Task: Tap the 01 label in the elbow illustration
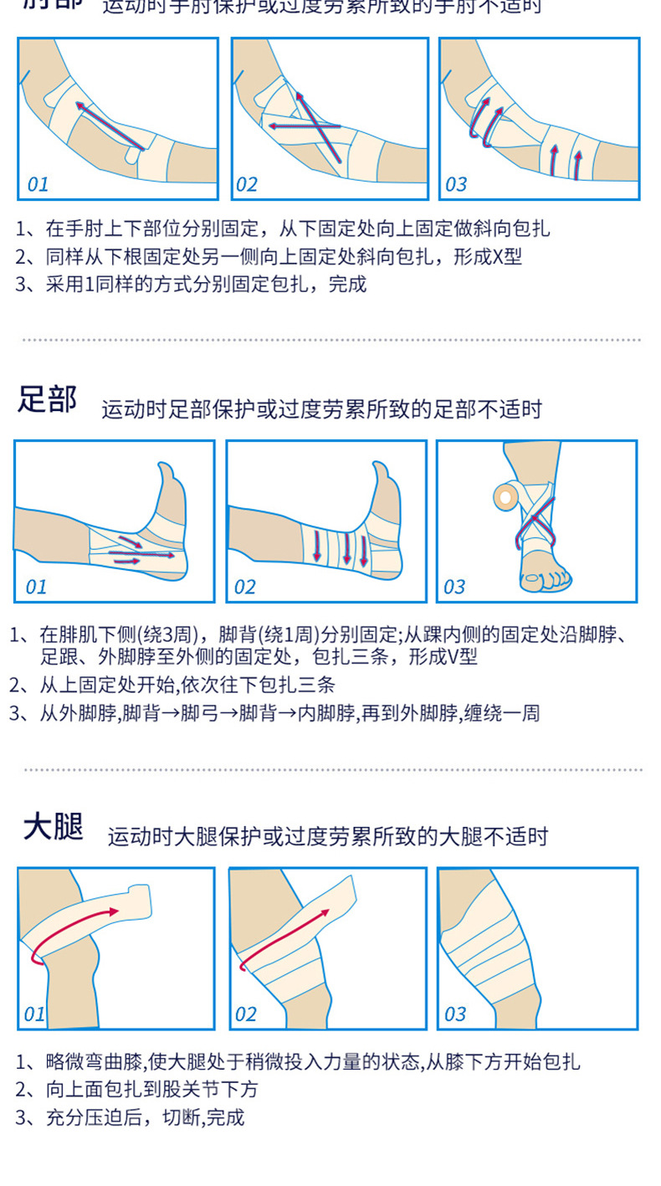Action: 38,184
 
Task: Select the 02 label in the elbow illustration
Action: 247,184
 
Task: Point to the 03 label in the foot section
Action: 454,587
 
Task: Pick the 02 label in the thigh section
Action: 245,1014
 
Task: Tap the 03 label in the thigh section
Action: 454,1014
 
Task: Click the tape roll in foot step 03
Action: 505,495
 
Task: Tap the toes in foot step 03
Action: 544,578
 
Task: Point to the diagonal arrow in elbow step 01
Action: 109,126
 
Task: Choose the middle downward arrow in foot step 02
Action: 346,548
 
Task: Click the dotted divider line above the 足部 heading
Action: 330,340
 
